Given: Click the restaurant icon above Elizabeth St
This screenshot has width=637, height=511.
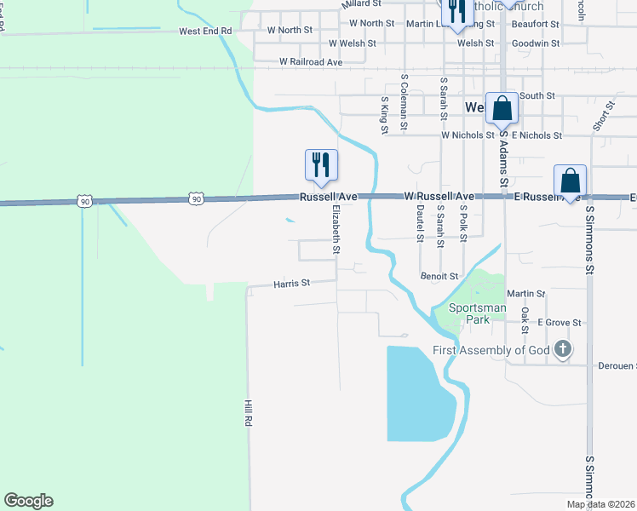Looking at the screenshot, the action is [x=321, y=164].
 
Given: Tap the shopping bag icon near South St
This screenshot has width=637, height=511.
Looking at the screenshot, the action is [x=502, y=108].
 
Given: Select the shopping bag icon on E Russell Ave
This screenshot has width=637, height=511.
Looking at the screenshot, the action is [x=570, y=181].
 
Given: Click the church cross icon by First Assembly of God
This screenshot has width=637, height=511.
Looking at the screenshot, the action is [x=562, y=349].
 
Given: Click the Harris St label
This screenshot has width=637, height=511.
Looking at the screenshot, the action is [x=292, y=283].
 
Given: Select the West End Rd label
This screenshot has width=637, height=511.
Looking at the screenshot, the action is [x=205, y=31].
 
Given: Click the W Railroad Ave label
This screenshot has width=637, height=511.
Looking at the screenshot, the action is [x=310, y=62].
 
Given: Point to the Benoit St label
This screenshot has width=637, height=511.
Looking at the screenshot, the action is [x=439, y=276].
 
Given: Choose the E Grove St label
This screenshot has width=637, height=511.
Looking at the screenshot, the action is [x=559, y=323].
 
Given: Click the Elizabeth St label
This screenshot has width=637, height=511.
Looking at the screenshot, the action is [x=336, y=228].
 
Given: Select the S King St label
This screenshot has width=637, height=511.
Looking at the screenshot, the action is [x=385, y=115].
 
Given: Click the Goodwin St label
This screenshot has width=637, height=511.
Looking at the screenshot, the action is [x=536, y=43].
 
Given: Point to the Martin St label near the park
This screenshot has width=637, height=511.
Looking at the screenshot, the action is [x=525, y=294].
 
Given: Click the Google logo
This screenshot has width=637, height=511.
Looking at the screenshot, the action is [x=28, y=501].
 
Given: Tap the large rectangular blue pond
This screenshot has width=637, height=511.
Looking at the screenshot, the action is [x=416, y=392].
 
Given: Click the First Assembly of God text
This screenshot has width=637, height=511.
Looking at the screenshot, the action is [x=491, y=350].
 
